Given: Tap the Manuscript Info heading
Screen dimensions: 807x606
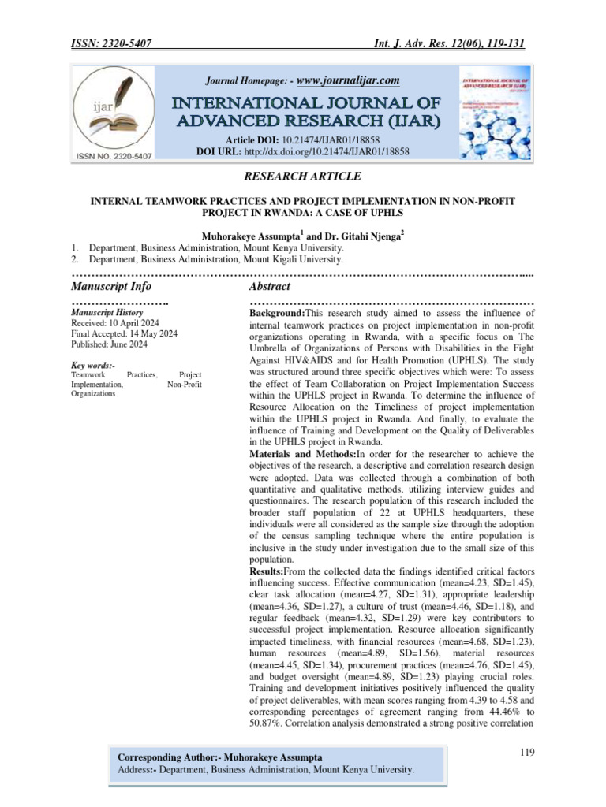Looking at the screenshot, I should [x=111, y=286].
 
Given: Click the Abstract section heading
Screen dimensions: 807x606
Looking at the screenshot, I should [x=269, y=286].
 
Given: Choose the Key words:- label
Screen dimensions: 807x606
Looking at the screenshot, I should [x=93, y=366].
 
